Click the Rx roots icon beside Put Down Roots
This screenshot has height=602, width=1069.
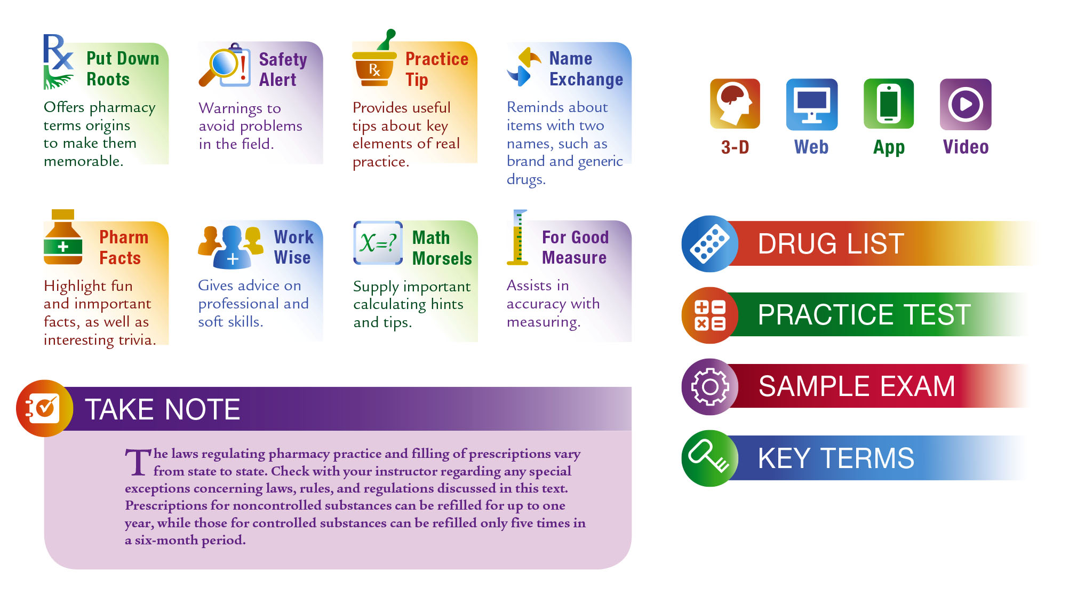[58, 61]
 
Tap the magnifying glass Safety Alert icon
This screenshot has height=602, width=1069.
[225, 65]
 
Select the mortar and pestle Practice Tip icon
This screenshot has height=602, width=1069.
[374, 58]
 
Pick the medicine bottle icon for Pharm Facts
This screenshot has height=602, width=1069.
[63, 237]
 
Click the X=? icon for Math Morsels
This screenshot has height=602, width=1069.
[378, 243]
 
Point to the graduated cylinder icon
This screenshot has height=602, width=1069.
[517, 237]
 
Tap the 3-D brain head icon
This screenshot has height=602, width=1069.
[735, 104]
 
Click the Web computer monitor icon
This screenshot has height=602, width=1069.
[811, 104]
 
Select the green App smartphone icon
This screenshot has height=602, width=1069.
[888, 104]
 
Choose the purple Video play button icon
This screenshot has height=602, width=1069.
[966, 104]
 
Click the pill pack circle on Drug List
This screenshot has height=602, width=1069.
[710, 244]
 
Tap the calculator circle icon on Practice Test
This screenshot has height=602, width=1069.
[710, 315]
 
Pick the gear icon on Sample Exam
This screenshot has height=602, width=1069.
[710, 387]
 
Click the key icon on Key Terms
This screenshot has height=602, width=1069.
[710, 458]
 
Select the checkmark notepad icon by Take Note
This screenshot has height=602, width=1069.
[45, 408]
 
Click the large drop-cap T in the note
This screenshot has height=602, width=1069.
[138, 462]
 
